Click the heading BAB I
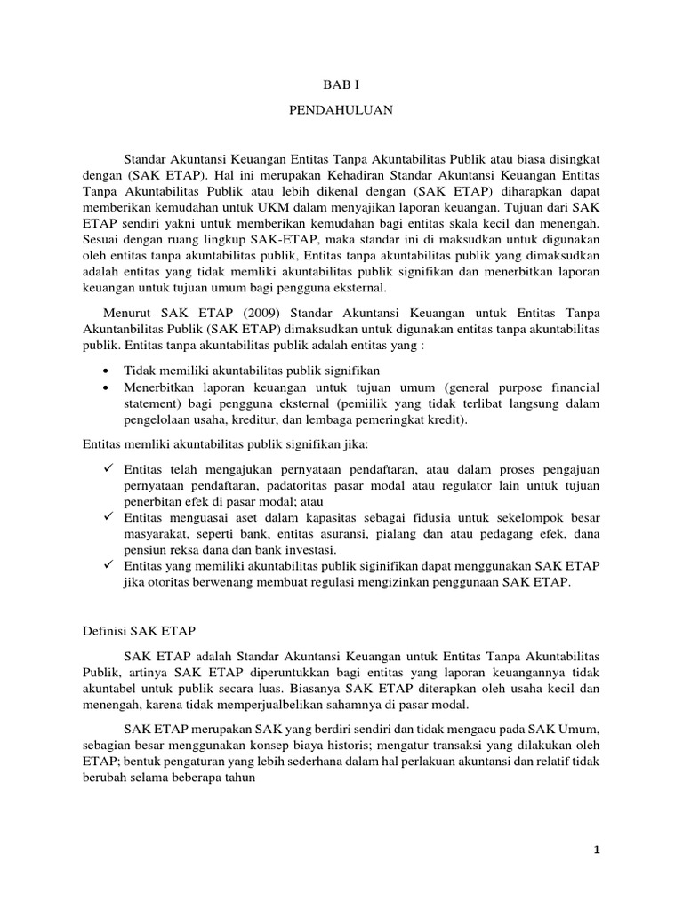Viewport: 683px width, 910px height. click(341, 84)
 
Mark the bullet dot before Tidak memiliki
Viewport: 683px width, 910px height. click(108, 370)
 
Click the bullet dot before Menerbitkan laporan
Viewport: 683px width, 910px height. click(108, 388)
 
